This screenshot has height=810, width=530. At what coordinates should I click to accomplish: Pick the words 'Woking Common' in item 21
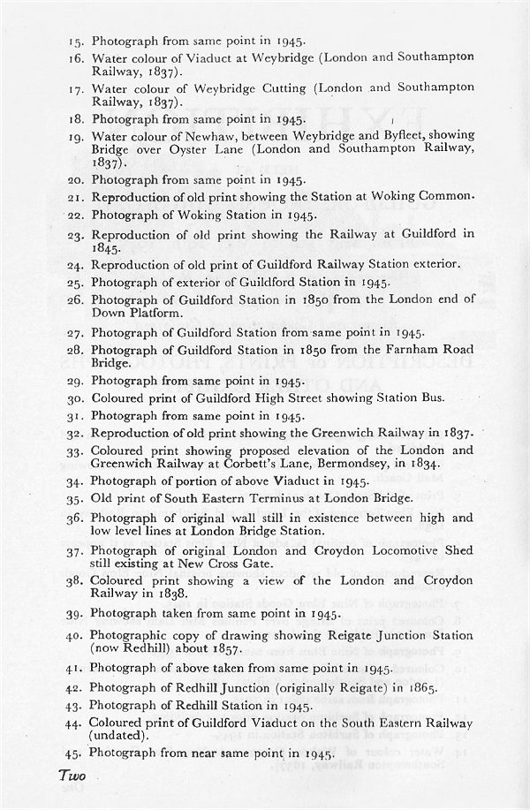coord(428,195)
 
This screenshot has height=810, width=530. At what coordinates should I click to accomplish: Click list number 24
coord(78,264)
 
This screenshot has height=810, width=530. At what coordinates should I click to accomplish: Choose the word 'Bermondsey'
coord(365,462)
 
